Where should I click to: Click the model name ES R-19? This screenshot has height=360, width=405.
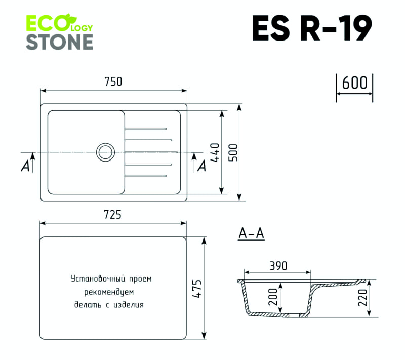tap(312, 28)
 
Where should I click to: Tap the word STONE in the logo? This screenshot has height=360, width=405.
tap(59, 42)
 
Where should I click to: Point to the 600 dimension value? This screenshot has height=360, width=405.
tap(354, 83)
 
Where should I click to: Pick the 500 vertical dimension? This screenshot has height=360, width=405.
tap(233, 152)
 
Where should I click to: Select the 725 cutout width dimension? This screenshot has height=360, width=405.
tap(112, 215)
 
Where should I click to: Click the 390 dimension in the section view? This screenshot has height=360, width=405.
tap(278, 266)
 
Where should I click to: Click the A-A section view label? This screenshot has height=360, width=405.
tap(252, 234)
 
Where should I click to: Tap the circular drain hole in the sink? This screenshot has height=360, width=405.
tap(106, 151)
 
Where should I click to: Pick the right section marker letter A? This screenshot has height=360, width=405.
tap(201, 165)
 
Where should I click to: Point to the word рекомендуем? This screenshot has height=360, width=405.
tap(108, 292)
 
